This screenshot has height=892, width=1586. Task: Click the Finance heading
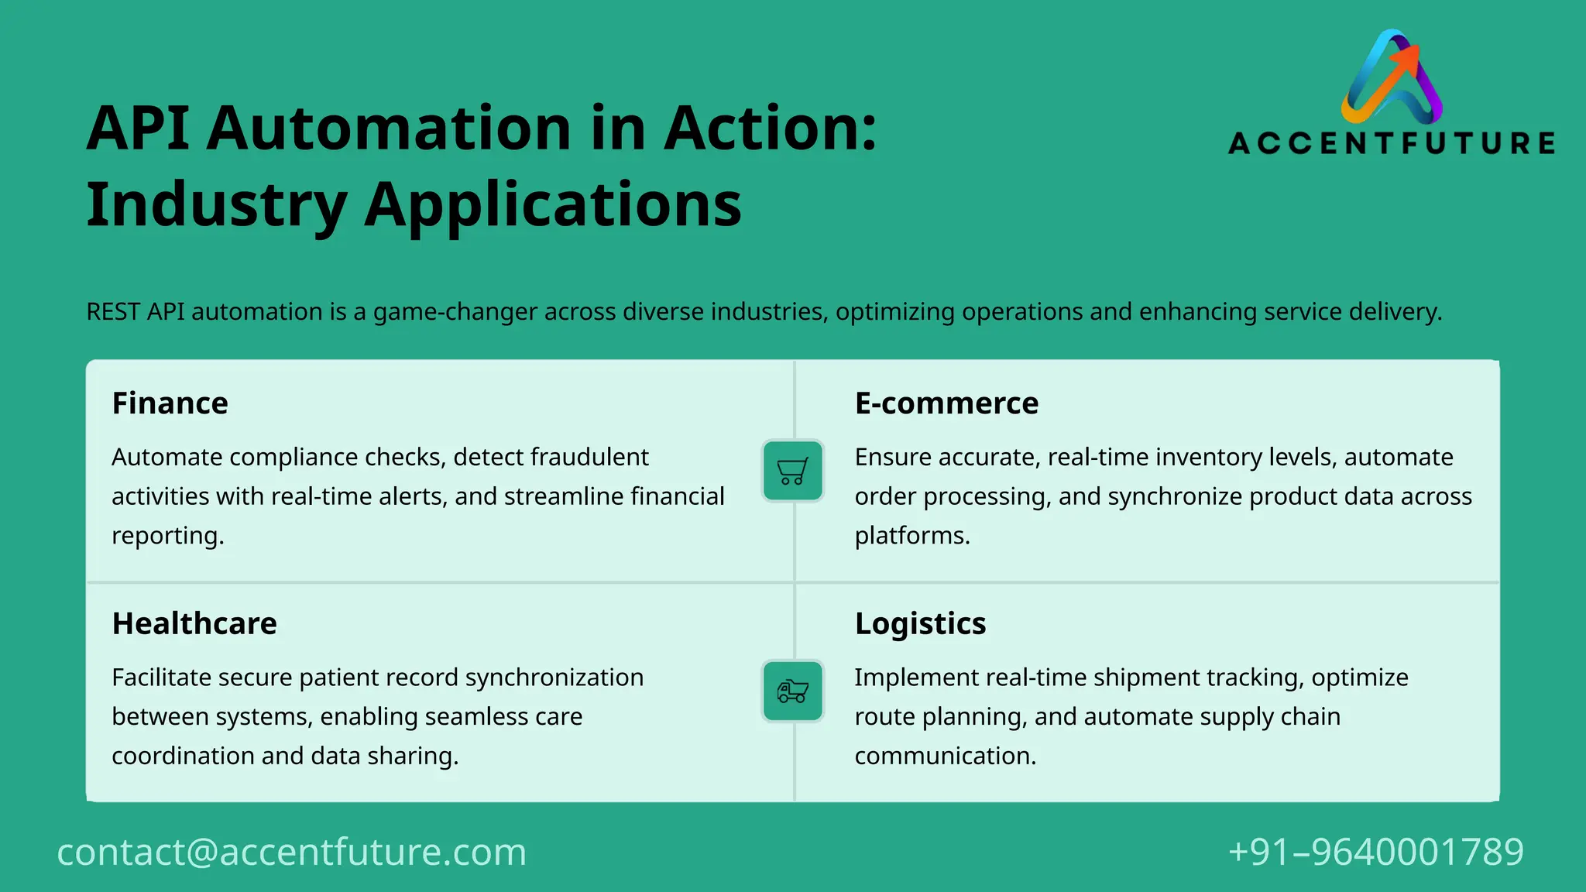tap(170, 403)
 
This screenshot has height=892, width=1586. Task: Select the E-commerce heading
tap(946, 403)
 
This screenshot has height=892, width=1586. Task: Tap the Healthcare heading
tap(194, 623)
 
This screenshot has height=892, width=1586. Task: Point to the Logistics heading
tap(920, 623)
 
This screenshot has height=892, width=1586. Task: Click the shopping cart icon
tap(792, 471)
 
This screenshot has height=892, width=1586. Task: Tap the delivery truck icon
tap(792, 691)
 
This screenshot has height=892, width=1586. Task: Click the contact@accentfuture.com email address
tap(291, 852)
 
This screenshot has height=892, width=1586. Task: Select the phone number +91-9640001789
tap(1375, 852)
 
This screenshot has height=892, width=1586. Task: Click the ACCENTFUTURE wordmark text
tap(1392, 143)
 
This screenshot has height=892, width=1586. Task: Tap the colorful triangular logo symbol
tap(1392, 77)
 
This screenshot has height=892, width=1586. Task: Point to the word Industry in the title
tap(217, 205)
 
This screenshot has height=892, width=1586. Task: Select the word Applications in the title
tap(553, 205)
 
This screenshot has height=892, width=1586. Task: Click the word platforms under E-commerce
tap(911, 536)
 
